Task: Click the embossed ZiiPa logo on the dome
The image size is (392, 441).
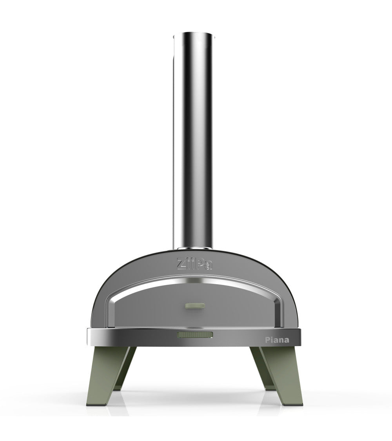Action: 195,263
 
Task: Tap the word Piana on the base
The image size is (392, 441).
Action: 276,339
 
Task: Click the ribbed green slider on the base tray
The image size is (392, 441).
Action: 195,334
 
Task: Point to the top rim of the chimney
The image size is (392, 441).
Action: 194,36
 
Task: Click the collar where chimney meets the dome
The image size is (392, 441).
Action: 194,249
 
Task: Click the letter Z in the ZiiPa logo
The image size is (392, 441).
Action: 181,263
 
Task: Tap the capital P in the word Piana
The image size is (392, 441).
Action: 266,339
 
